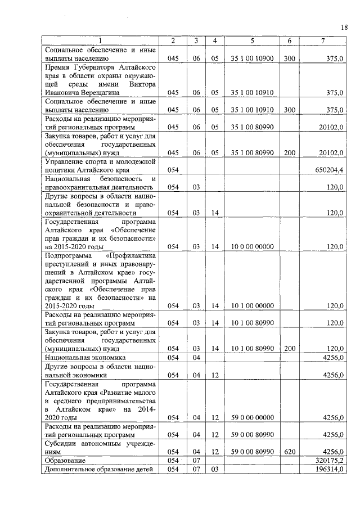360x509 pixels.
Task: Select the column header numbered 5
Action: (x=253, y=40)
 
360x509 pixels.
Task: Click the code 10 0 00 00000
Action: (x=253, y=246)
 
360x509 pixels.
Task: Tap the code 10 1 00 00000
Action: (x=253, y=305)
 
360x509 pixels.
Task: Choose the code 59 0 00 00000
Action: (x=253, y=418)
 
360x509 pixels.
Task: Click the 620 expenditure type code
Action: (x=290, y=451)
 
